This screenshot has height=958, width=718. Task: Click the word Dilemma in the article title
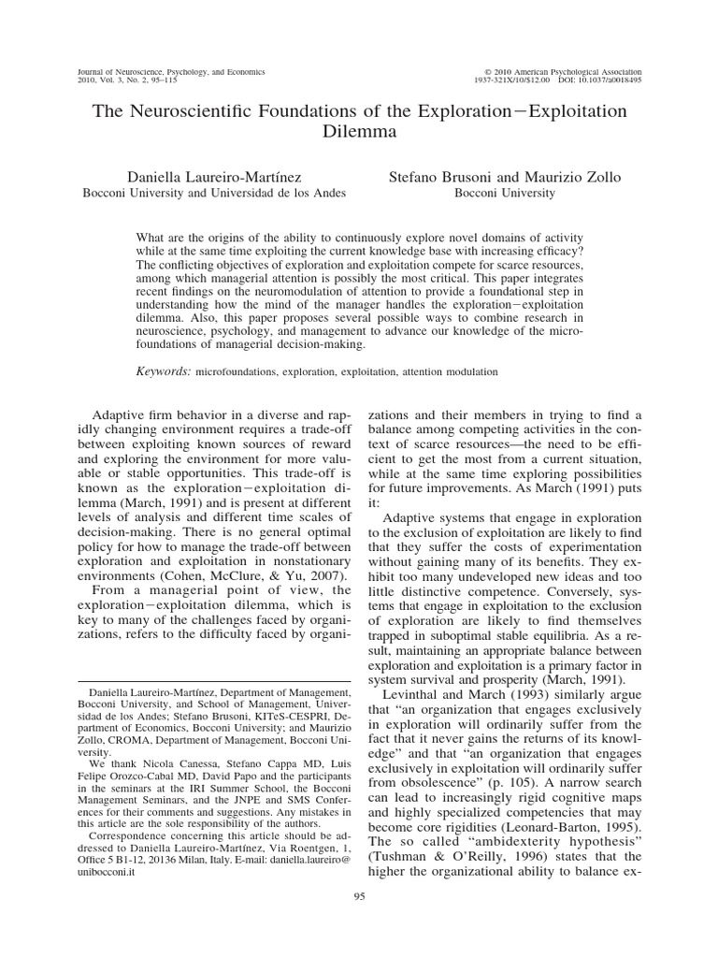(359, 132)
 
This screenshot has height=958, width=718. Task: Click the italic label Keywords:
(164, 371)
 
